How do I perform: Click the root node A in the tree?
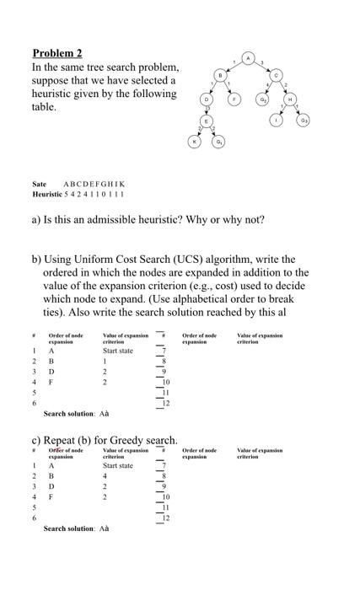point(248,57)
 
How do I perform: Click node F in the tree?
point(234,99)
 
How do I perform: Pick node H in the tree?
point(290,99)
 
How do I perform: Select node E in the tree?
point(205,121)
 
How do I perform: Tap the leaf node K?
point(193,142)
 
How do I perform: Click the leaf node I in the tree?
point(277,121)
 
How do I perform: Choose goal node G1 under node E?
point(218,142)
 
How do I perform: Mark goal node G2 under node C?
point(263,99)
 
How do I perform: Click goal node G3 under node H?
point(304,121)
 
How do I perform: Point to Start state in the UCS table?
point(118,350)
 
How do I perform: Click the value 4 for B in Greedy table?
point(105,477)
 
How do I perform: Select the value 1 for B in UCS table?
point(105,361)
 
